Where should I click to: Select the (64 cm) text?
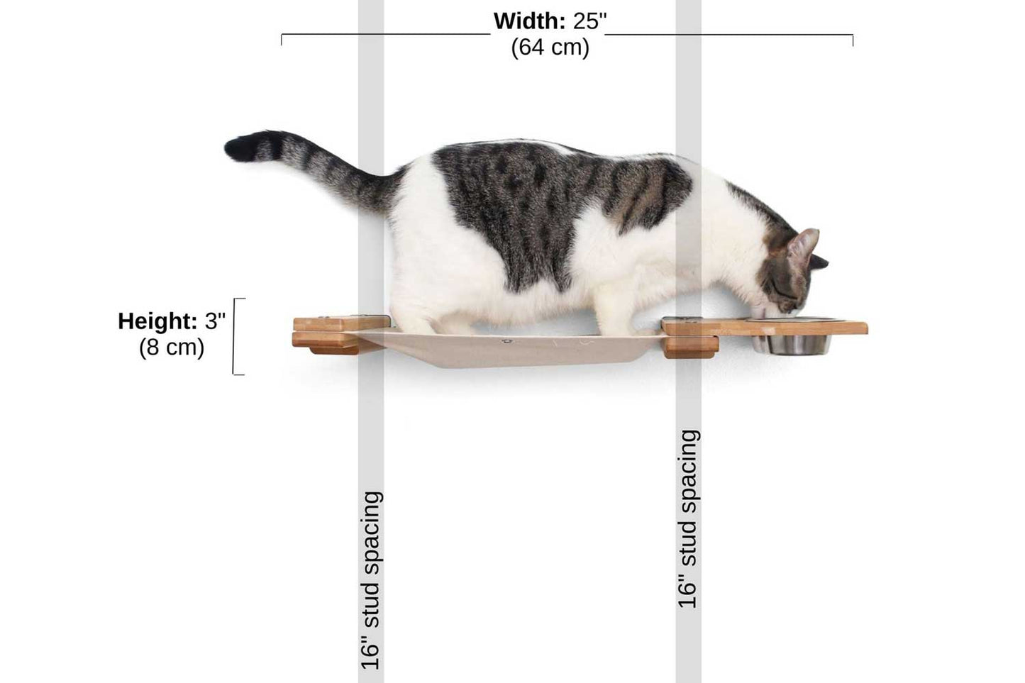pyautogui.click(x=550, y=48)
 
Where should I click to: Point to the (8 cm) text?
pyautogui.click(x=172, y=348)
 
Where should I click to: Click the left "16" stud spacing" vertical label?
pyautogui.click(x=371, y=580)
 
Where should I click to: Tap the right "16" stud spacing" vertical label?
pyautogui.click(x=688, y=518)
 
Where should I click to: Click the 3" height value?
pyautogui.click(x=215, y=321)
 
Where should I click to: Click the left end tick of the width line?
pyautogui.click(x=282, y=40)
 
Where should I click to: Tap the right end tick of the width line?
pyautogui.click(x=853, y=40)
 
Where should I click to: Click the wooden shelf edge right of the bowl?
pyautogui.click(x=851, y=328)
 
